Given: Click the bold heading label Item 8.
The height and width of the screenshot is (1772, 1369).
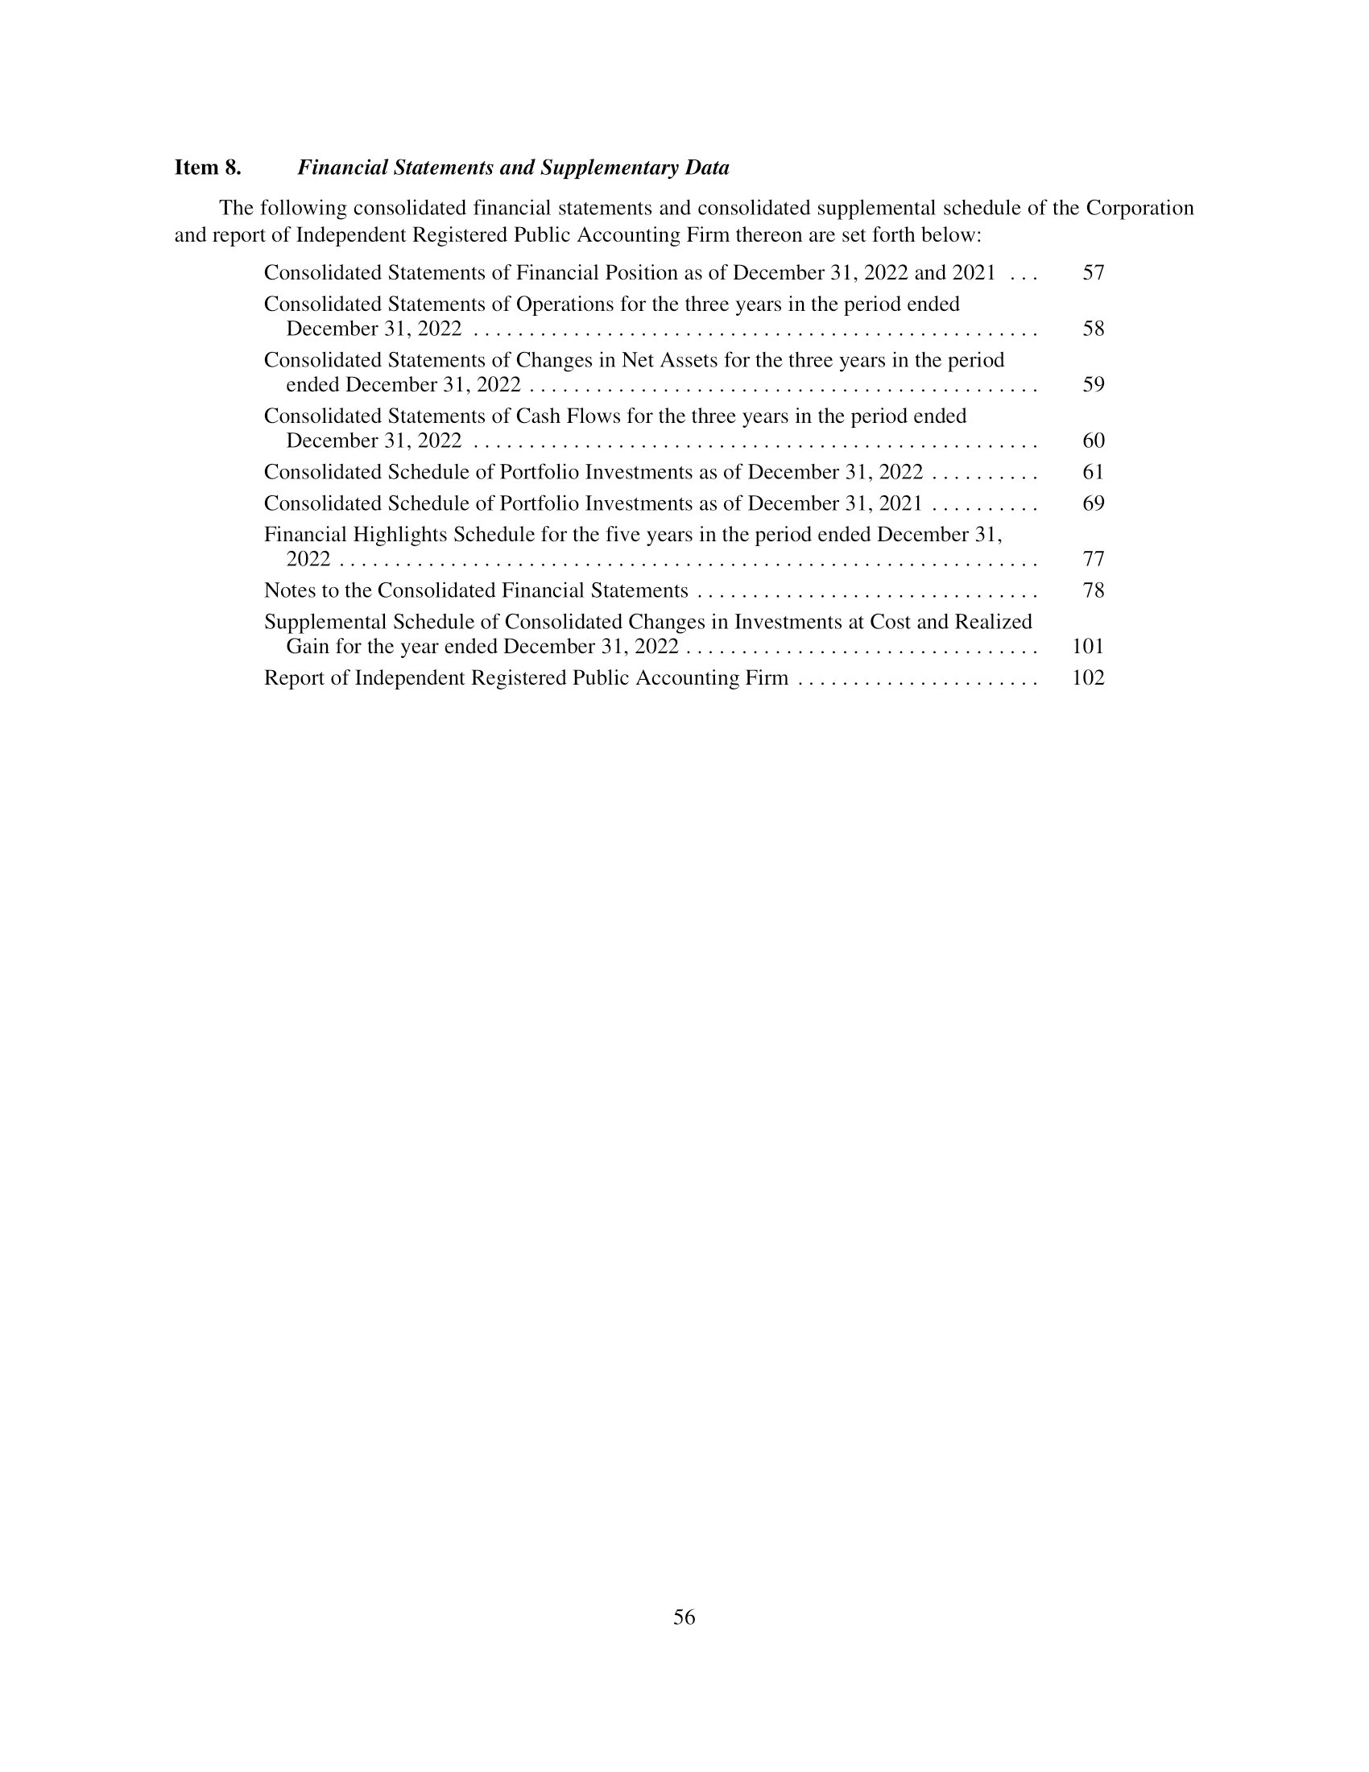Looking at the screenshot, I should click(x=208, y=168).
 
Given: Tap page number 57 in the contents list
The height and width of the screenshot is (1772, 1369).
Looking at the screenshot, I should click(x=1094, y=272).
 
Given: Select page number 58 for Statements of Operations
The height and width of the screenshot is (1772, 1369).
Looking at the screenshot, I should click(x=1094, y=329).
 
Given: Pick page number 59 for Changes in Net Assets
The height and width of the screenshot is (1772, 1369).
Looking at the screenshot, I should click(x=1094, y=384).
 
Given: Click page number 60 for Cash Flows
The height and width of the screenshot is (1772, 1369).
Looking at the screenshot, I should click(x=1094, y=441).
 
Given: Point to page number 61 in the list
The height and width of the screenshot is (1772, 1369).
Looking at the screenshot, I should click(x=1094, y=472).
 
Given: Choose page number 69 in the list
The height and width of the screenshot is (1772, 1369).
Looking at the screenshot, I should click(x=1094, y=504).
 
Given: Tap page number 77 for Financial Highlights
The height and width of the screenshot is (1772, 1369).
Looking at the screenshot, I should click(x=1094, y=559).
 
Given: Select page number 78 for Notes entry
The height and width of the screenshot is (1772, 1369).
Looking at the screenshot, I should click(x=1094, y=590).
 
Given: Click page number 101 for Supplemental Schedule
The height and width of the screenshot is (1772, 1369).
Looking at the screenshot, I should click(x=1089, y=647).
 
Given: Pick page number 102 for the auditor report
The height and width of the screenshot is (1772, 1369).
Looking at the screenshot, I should click(x=1089, y=678).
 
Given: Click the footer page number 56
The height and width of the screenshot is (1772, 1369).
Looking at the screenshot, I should click(x=684, y=1617).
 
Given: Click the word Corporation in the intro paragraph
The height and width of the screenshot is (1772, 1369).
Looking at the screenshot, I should click(x=1139, y=209).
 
